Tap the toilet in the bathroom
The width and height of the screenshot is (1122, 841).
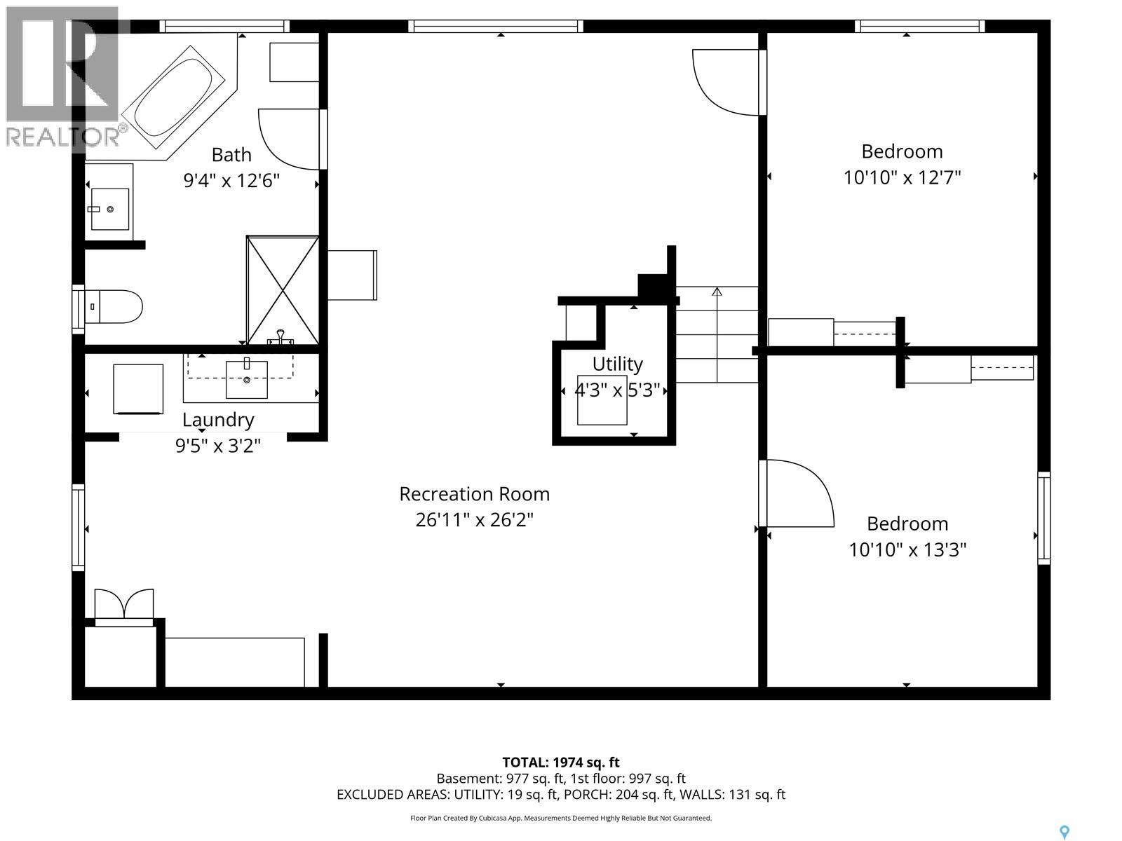click(116, 307)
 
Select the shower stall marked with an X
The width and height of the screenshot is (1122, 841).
click(283, 290)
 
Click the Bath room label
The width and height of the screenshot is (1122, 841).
click(231, 154)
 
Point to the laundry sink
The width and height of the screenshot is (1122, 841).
click(246, 379)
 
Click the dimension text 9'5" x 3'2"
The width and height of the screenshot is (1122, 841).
click(218, 446)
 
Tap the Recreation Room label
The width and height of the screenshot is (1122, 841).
click(474, 494)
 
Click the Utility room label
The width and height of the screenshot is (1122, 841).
click(617, 364)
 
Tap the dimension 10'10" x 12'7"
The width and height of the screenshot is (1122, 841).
click(902, 177)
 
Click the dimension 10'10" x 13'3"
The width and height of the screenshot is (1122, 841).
click(907, 549)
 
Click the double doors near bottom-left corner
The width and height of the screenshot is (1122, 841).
click(124, 606)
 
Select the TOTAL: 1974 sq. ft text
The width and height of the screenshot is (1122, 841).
click(561, 763)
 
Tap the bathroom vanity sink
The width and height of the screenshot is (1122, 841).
click(110, 209)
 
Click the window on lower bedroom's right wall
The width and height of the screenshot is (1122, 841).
click(1043, 518)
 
